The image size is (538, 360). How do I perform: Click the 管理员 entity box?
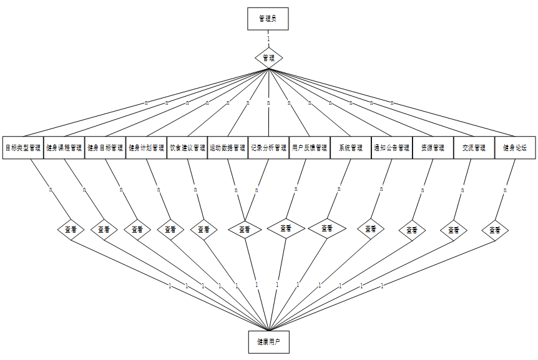pyautogui.click(x=268, y=19)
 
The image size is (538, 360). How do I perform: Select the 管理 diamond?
pyautogui.click(x=268, y=57)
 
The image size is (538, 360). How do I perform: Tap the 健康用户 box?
pyautogui.click(x=268, y=342)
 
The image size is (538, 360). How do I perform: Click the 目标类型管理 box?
pyautogui.click(x=22, y=148)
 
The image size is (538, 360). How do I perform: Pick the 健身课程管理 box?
pyautogui.click(x=64, y=148)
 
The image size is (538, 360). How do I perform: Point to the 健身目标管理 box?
pyautogui.click(x=105, y=148)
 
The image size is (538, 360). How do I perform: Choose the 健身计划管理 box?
pyautogui.click(x=146, y=148)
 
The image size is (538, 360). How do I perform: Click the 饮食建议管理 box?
pyautogui.click(x=187, y=148)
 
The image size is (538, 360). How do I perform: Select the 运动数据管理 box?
pyautogui.click(x=227, y=148)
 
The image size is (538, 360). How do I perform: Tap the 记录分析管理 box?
pyautogui.click(x=268, y=148)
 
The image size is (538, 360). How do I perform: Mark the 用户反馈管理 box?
pyautogui.click(x=310, y=148)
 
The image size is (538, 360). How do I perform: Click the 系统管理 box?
pyautogui.click(x=351, y=148)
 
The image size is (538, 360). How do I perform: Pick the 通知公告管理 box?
pyautogui.click(x=391, y=148)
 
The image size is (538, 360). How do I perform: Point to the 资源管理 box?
pyautogui.click(x=433, y=148)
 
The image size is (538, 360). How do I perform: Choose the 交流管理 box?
pyautogui.click(x=474, y=148)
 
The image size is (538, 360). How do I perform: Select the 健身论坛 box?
pyautogui.click(x=515, y=148)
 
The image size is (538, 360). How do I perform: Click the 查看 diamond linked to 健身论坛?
pyautogui.click(x=495, y=230)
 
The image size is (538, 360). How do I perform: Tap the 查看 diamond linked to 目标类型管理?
pyautogui.click(x=71, y=229)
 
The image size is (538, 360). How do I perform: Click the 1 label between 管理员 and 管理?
pyautogui.click(x=268, y=39)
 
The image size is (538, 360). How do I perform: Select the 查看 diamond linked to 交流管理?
pyautogui.click(x=454, y=230)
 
